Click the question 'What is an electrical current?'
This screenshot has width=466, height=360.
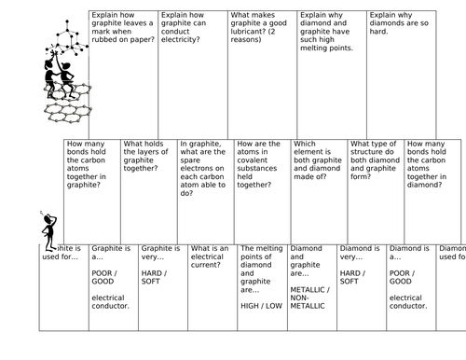(x=211, y=256)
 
